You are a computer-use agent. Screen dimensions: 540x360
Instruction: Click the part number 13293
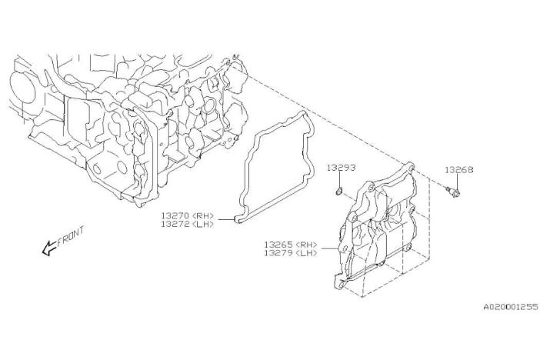(x=341, y=168)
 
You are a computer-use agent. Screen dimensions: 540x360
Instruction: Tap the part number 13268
(x=459, y=169)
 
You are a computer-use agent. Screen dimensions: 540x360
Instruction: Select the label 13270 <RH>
(x=188, y=215)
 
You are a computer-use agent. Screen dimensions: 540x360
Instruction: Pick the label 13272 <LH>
(x=188, y=224)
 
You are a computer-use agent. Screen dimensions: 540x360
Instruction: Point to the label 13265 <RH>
(x=291, y=245)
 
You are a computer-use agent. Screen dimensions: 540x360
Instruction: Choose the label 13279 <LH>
(x=291, y=253)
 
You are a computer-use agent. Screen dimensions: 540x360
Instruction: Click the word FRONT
(x=71, y=236)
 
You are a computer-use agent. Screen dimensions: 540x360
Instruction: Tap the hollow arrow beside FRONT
(x=49, y=248)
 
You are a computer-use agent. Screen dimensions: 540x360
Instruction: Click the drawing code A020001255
(x=511, y=307)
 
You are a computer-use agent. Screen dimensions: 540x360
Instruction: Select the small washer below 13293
(x=339, y=191)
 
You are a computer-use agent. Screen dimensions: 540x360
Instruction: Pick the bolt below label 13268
(x=453, y=192)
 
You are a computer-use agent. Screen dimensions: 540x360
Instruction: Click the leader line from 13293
(x=340, y=179)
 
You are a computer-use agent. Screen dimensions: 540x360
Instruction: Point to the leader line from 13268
(x=458, y=182)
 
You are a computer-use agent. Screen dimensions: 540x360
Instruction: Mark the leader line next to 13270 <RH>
(x=226, y=219)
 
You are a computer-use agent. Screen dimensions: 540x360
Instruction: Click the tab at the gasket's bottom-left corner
(x=238, y=218)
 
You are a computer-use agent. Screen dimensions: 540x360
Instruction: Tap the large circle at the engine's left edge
(x=22, y=88)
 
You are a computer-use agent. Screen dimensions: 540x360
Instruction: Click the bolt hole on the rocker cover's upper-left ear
(x=370, y=188)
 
